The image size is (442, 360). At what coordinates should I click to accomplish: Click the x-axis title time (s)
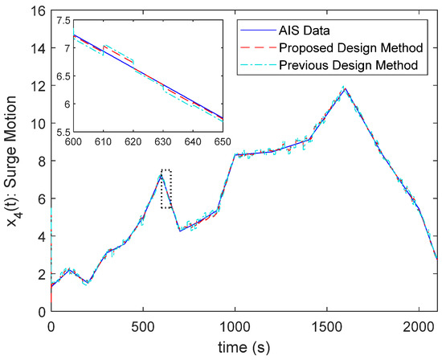(244, 348)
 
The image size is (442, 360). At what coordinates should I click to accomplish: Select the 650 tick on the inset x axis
(223, 141)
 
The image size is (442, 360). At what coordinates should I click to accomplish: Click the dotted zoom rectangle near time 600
(166, 189)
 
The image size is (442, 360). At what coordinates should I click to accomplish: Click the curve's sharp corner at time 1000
(235, 154)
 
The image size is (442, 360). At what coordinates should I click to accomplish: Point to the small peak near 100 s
(70, 270)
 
